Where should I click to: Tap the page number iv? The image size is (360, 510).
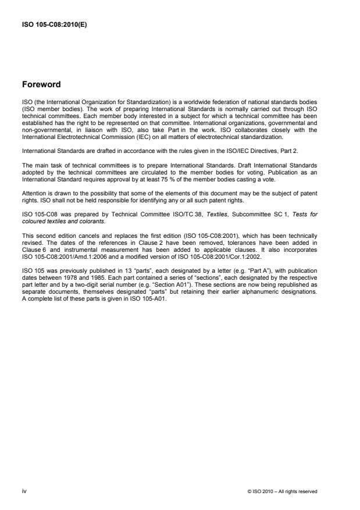click(x=24, y=491)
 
